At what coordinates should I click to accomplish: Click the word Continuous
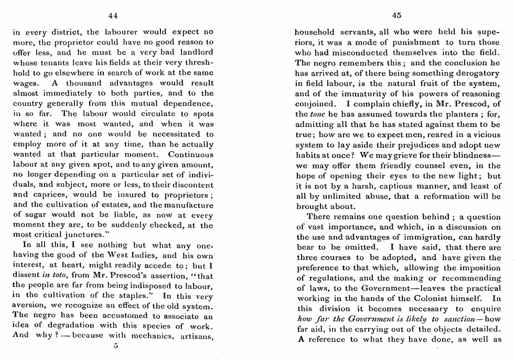(191, 155)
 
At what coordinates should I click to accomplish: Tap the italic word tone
(317, 114)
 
